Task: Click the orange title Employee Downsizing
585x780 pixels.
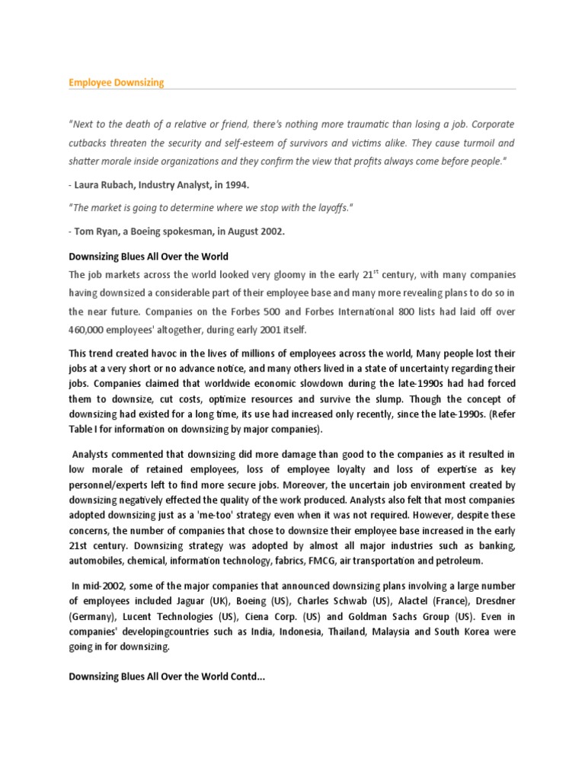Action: click(x=117, y=82)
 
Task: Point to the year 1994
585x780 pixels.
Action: click(x=234, y=184)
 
